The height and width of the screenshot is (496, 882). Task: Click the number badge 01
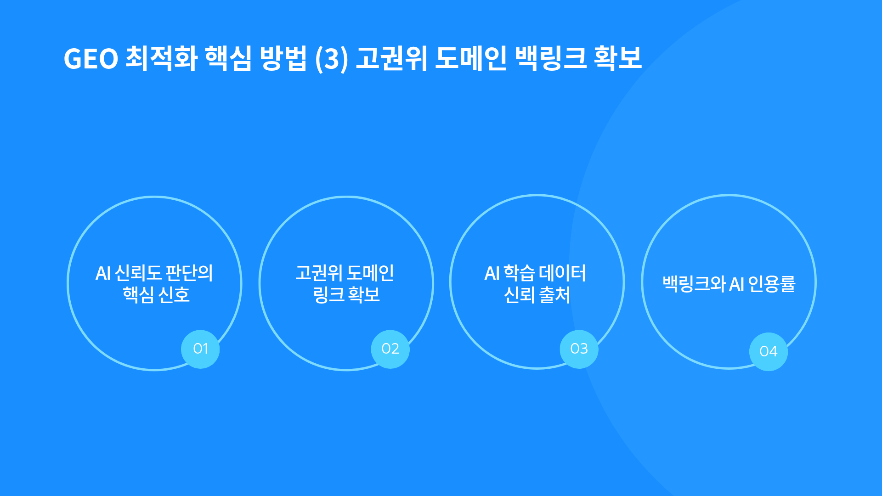[x=200, y=349]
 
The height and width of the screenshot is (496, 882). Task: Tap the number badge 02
[x=390, y=349]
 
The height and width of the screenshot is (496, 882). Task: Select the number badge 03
[x=579, y=349]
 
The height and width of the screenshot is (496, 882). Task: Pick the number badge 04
[x=768, y=351]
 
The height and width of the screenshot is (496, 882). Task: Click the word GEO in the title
[x=91, y=59]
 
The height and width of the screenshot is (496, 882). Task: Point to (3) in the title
[x=331, y=59]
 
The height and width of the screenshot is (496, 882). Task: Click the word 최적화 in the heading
[x=161, y=58]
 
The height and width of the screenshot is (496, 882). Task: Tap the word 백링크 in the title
[x=551, y=58]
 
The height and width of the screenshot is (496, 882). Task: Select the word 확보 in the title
[x=617, y=58]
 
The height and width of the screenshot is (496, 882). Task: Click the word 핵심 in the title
[x=228, y=58]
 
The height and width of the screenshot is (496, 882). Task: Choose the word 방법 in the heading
[x=283, y=58]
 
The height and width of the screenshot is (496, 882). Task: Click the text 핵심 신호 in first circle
[x=156, y=295]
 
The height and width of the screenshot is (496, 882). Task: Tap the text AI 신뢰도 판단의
[x=154, y=273]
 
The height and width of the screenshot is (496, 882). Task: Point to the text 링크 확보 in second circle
[x=346, y=295]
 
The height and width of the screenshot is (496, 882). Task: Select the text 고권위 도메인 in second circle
[x=345, y=273]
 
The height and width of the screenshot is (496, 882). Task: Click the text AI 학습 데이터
[x=535, y=273]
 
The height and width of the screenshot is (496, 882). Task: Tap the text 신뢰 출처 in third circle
[x=537, y=295]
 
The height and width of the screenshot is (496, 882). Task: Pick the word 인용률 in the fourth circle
[x=772, y=284]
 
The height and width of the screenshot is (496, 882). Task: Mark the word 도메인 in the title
[x=470, y=58]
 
